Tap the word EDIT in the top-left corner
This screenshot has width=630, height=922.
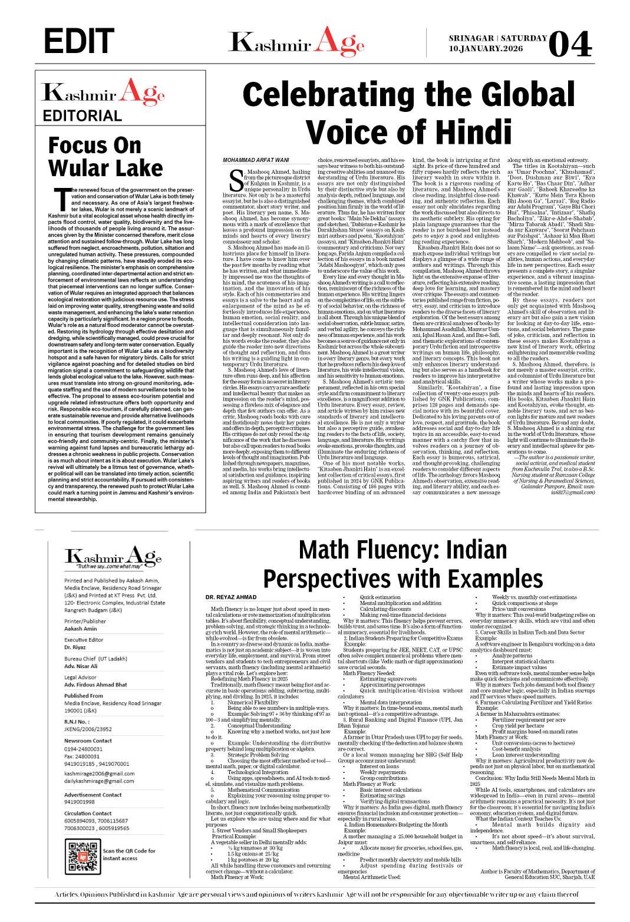point(79,42)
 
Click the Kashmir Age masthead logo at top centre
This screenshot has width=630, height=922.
point(296,42)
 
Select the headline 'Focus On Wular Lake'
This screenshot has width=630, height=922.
point(105,156)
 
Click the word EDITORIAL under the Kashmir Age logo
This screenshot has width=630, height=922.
point(82,115)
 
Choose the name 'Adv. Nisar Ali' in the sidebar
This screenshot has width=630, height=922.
point(81,666)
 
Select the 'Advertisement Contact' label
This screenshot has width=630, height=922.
point(93,795)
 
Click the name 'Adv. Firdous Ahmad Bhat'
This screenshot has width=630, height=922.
point(95,685)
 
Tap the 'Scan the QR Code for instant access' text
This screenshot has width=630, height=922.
point(129,854)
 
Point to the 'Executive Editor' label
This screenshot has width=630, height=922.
point(84,639)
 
